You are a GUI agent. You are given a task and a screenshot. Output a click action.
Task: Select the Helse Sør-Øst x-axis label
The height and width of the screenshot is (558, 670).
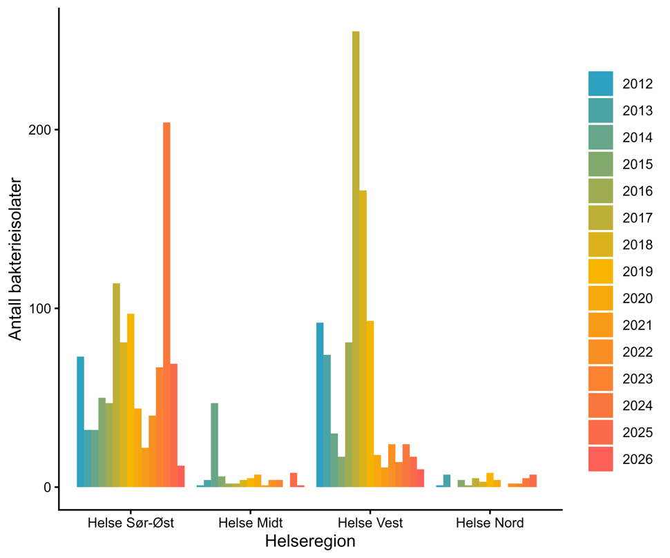[x=131, y=522]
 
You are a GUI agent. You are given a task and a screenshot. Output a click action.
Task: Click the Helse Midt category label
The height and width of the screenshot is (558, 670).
[x=250, y=522]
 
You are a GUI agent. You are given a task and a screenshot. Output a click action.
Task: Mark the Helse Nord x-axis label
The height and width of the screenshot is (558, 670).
[x=490, y=522]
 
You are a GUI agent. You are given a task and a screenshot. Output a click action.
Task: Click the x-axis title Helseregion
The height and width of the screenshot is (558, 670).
[x=310, y=542]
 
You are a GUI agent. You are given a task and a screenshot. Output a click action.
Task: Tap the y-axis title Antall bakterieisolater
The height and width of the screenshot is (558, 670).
[x=16, y=259]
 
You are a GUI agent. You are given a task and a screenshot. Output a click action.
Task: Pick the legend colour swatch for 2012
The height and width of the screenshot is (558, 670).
[x=600, y=84]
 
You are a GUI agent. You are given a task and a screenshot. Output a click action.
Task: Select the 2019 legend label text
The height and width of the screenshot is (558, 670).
[x=637, y=271]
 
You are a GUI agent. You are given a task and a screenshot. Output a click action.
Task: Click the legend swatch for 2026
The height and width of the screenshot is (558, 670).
[x=600, y=459]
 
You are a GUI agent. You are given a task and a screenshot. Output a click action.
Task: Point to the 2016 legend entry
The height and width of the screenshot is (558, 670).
[x=637, y=191]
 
